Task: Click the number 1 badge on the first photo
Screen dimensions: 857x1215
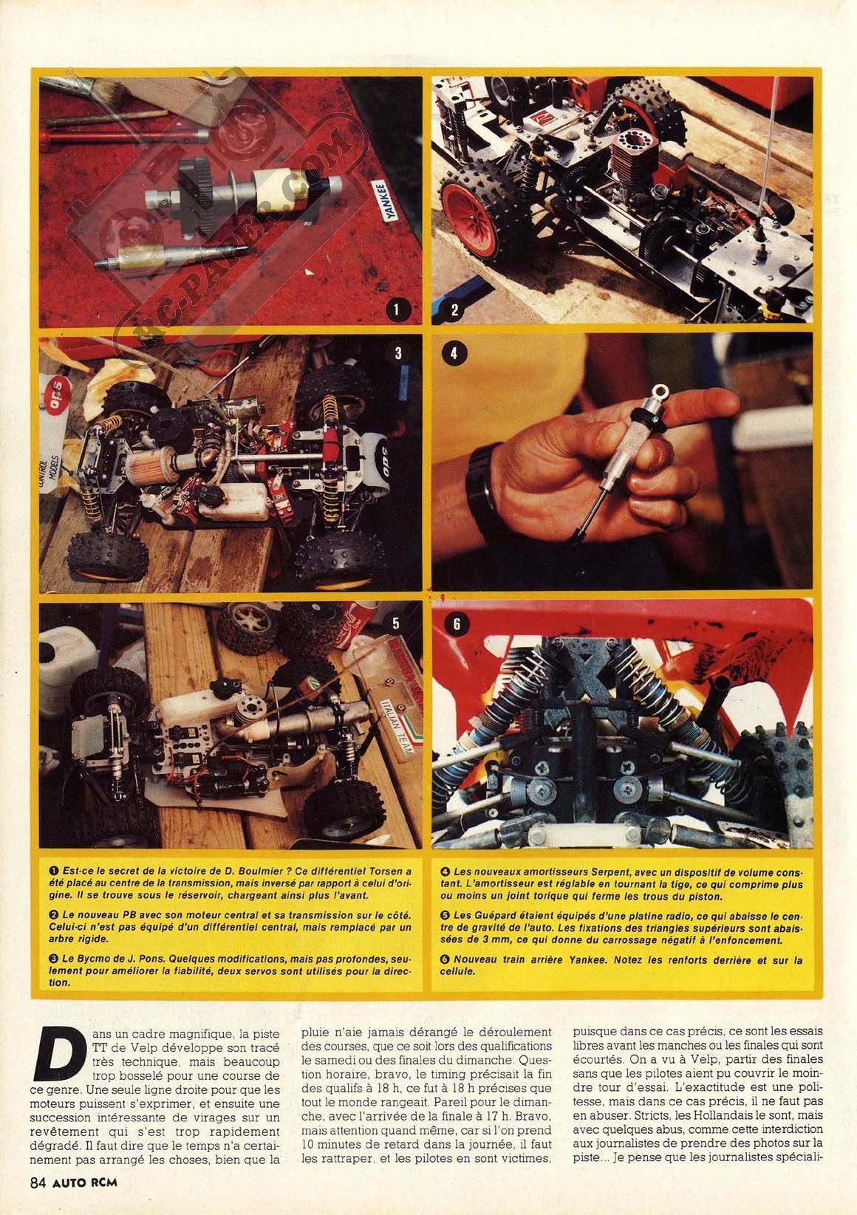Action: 397,309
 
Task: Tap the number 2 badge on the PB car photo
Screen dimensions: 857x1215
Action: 454,309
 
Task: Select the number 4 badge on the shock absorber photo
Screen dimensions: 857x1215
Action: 454,354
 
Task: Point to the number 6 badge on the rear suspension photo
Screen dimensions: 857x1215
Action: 456,624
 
